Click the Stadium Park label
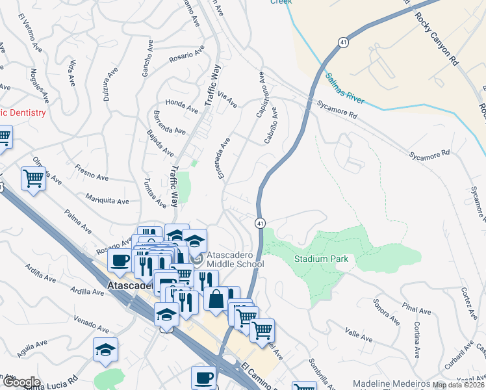(321, 259)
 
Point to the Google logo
(21, 382)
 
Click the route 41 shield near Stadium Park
(259, 223)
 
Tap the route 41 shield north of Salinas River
(342, 42)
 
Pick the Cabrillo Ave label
(272, 125)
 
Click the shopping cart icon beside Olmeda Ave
(33, 178)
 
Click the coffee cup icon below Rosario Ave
(120, 259)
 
